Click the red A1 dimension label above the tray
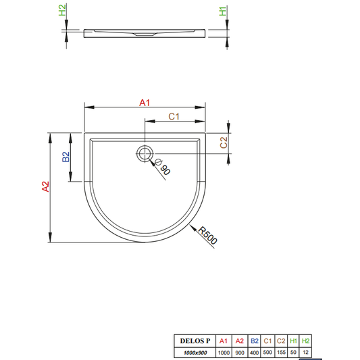click(145, 103)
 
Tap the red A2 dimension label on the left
click(46, 186)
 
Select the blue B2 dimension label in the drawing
click(66, 157)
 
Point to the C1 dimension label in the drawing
click(174, 116)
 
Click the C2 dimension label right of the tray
click(224, 143)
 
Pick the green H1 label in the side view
click(223, 11)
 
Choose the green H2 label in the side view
click(62, 10)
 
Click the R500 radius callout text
click(207, 235)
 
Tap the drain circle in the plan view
click(145, 153)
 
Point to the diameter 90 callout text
click(163, 167)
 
